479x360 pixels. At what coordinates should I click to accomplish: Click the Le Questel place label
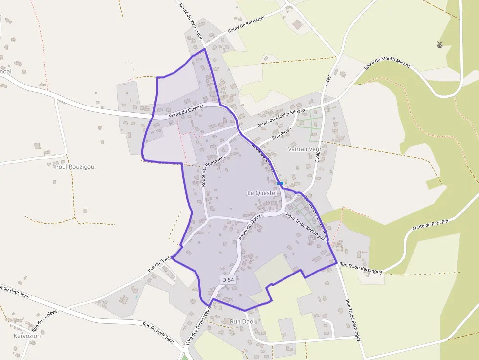pos(261,193)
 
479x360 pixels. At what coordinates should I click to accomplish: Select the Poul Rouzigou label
pos(74,166)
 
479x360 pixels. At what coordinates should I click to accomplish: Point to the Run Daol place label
pos(243,322)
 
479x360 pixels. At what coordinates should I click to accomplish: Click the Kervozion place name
pos(27,336)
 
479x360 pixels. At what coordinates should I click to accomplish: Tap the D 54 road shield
pos(228,280)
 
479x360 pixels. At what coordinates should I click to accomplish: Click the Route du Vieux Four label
pos(191,21)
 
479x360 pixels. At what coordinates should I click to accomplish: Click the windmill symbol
pos(439,44)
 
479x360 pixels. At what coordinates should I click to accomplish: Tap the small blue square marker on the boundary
pos(280,183)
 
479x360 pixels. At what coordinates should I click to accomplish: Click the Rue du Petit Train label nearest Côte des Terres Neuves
pos(158,332)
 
